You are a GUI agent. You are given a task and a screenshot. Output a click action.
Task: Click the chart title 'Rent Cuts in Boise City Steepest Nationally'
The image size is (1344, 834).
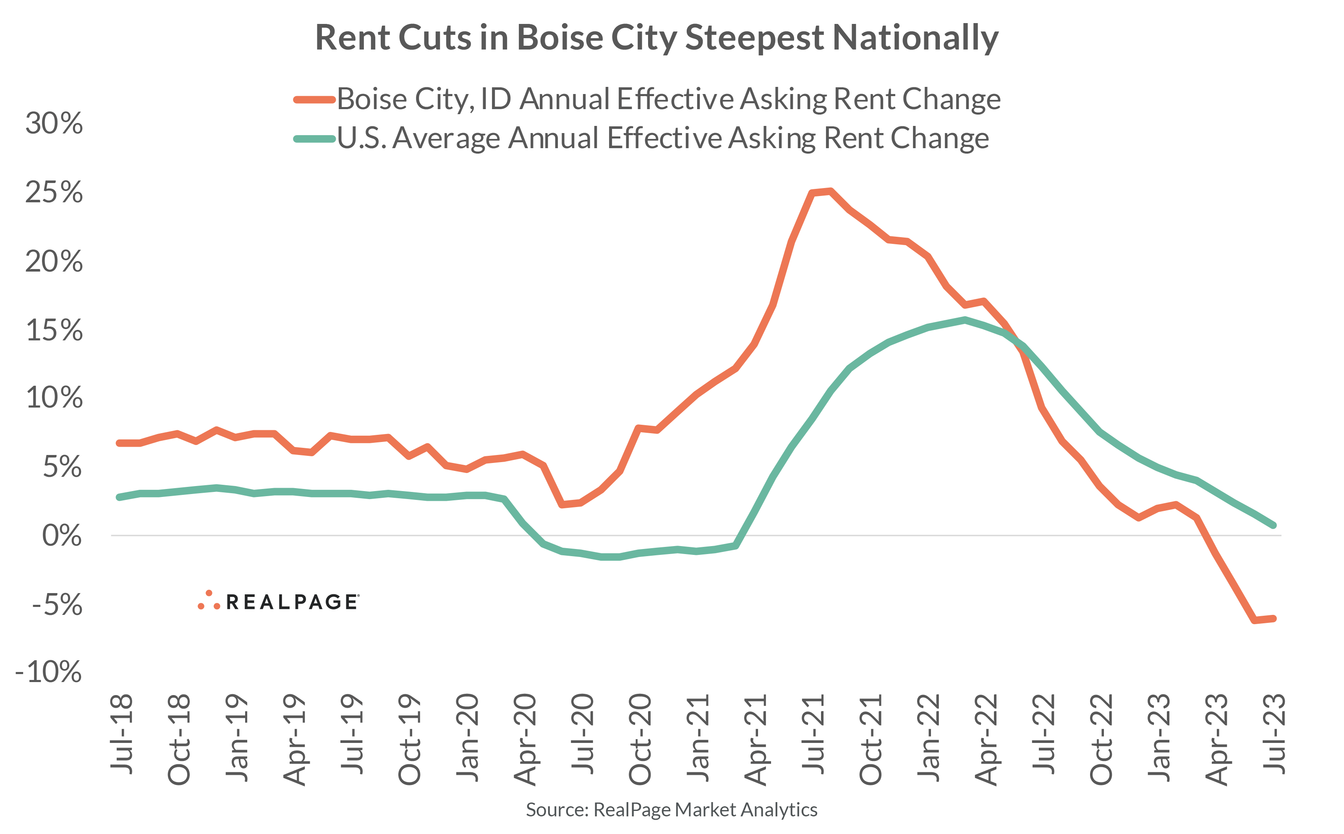pyautogui.click(x=656, y=37)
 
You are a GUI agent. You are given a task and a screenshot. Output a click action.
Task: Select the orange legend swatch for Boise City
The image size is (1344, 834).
pyautogui.click(x=314, y=100)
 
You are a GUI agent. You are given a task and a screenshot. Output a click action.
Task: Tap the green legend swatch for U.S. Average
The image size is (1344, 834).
pyautogui.click(x=314, y=139)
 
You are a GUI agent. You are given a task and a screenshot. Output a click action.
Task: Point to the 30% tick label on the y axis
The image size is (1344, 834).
pyautogui.click(x=54, y=123)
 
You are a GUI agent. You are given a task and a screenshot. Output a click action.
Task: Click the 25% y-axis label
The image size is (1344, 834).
pyautogui.click(x=54, y=193)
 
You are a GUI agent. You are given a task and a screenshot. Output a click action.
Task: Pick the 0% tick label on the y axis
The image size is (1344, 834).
pyautogui.click(x=62, y=536)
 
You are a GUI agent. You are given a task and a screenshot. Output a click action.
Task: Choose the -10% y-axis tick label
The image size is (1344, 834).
pyautogui.click(x=49, y=672)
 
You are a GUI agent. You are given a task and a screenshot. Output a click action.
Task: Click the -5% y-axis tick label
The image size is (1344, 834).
pyautogui.click(x=57, y=604)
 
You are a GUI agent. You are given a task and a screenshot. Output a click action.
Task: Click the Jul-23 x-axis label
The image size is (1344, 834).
pyautogui.click(x=1274, y=734)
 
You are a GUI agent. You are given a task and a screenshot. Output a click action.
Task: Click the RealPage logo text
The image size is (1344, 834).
pyautogui.click(x=292, y=602)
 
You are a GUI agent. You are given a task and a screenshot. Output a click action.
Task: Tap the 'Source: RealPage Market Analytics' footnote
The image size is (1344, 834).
pyautogui.click(x=671, y=810)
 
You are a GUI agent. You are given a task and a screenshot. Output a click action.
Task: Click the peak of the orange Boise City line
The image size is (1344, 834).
pyautogui.click(x=830, y=191)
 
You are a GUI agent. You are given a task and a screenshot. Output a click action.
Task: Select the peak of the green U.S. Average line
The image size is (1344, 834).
pyautogui.click(x=965, y=320)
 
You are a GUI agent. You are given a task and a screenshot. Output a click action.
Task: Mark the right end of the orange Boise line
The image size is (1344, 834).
pyautogui.click(x=1273, y=618)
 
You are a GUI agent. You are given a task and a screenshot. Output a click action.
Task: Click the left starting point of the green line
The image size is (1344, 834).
pyautogui.click(x=119, y=497)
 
